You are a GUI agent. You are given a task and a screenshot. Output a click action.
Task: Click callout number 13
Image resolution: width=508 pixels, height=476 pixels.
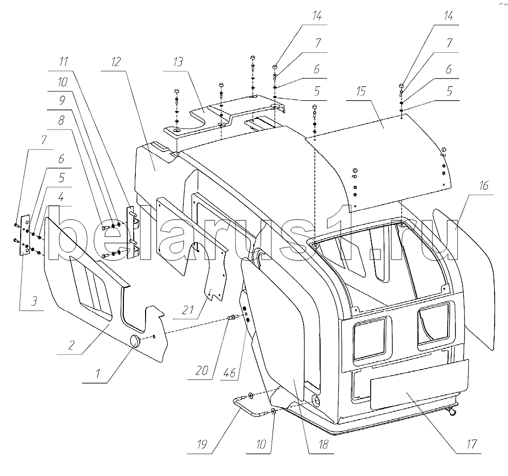tap(178, 62)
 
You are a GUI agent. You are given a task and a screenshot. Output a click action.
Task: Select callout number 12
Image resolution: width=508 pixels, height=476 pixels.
tap(116, 62)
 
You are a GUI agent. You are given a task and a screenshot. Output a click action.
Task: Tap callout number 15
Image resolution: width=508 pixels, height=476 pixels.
tap(361, 91)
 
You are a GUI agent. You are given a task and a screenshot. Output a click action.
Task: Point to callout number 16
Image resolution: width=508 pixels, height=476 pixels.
tap(483, 186)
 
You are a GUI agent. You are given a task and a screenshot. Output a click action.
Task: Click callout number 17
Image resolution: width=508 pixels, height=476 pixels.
tap(471, 444)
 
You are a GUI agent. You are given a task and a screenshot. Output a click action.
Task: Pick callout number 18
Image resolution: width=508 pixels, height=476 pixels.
tap(323, 444)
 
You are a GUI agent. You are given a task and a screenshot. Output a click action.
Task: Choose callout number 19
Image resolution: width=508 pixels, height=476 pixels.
tap(201, 444)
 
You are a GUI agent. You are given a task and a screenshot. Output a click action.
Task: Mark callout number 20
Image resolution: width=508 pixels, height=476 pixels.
tap(201, 370)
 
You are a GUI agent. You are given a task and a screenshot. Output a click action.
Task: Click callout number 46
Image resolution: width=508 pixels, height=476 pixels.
tap(229, 373)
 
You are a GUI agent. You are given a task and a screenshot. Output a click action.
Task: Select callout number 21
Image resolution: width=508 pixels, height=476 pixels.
tap(188, 310)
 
